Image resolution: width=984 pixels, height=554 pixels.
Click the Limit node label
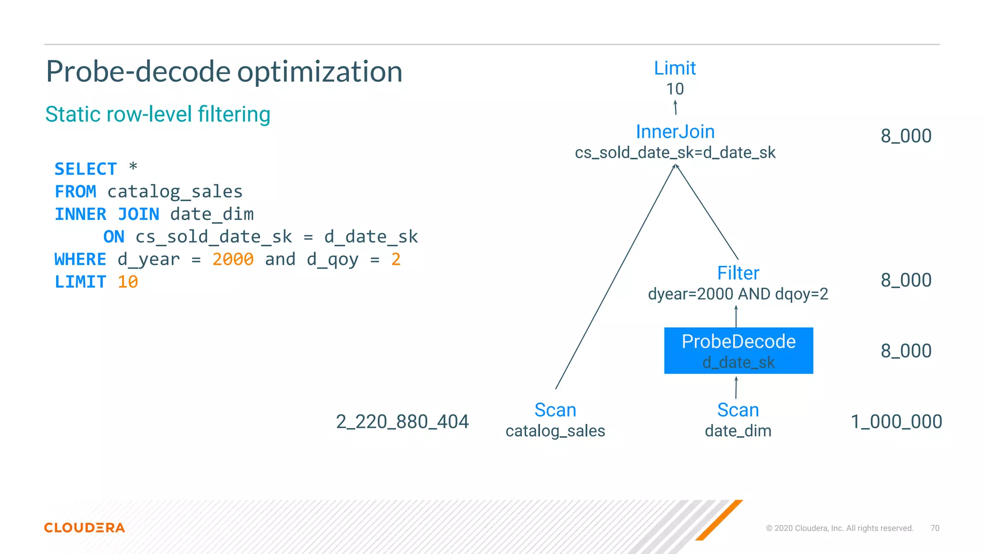click(675, 68)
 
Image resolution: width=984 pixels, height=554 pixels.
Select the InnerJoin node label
click(675, 132)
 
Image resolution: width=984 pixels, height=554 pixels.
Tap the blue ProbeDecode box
click(738, 351)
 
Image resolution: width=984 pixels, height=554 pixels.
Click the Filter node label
click(738, 273)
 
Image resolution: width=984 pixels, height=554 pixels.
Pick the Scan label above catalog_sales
click(555, 410)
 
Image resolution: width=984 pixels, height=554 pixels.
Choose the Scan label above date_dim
click(738, 410)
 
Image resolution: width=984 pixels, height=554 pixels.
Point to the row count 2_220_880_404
click(402, 422)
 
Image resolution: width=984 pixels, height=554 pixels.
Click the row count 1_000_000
click(896, 422)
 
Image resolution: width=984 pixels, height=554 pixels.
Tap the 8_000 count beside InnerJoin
click(906, 136)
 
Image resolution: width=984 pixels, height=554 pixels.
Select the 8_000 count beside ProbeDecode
click(906, 351)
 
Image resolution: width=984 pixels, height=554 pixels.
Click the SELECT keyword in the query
click(86, 169)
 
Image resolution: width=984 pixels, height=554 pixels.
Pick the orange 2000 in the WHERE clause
click(233, 260)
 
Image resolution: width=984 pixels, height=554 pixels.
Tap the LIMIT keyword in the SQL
click(80, 282)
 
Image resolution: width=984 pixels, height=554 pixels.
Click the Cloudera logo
click(85, 528)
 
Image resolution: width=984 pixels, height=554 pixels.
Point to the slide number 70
click(935, 528)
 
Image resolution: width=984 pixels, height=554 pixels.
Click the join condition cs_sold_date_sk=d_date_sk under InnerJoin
click(675, 153)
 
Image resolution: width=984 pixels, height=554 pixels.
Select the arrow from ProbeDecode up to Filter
click(736, 316)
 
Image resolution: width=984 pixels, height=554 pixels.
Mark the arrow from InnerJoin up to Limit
click(675, 107)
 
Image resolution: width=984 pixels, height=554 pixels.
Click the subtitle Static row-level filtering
click(158, 114)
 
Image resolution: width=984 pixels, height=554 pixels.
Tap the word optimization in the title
click(320, 72)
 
